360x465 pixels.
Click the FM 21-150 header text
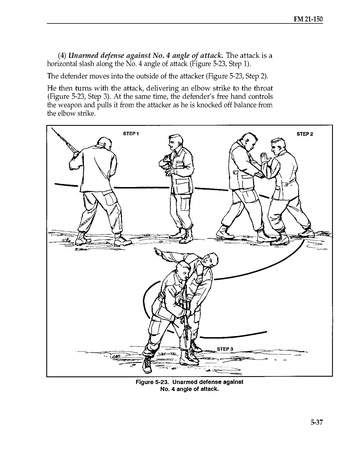point(308,19)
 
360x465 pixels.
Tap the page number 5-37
point(317,422)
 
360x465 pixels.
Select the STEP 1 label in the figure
point(131,134)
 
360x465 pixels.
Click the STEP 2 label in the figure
point(305,134)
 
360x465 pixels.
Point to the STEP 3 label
point(225,349)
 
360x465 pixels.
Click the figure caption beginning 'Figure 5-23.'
point(189,385)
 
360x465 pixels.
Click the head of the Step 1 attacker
point(104,144)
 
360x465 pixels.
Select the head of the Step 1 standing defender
point(175,142)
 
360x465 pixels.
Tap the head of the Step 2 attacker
point(248,142)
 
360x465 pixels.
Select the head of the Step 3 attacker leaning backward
point(211,260)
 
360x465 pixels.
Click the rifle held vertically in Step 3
point(183,317)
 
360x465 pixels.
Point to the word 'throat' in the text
point(263,88)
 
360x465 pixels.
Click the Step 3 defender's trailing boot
point(147,365)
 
